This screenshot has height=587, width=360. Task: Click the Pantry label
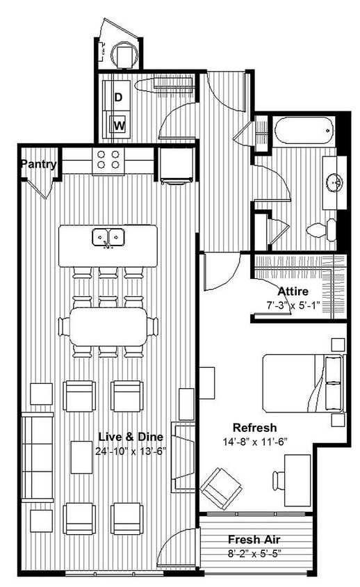[x=38, y=165]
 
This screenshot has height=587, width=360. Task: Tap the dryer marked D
[x=118, y=97]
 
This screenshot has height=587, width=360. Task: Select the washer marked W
[x=119, y=126]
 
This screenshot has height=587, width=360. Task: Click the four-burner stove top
[x=108, y=161]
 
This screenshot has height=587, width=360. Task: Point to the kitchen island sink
[x=108, y=238]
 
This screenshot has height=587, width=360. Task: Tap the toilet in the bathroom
[x=322, y=229]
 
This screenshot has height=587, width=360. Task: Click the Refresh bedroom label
[x=254, y=427]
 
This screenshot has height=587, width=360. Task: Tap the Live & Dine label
[x=131, y=437]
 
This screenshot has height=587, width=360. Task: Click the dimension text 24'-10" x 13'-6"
[x=131, y=450]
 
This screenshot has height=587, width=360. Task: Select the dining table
[x=108, y=325]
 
